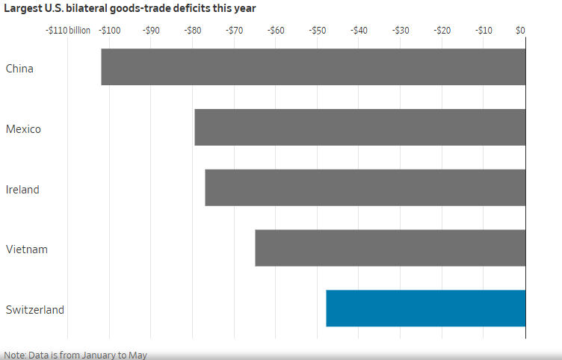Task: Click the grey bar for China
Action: [x=313, y=67]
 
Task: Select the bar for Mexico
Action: [x=359, y=128]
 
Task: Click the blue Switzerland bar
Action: [x=425, y=308]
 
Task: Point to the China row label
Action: [x=19, y=69]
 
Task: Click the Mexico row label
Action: [x=23, y=129]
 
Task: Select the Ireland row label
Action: [x=22, y=190]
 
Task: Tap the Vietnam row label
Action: [x=27, y=249]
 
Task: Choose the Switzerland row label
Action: [x=35, y=310]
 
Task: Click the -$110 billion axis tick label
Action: [x=67, y=31]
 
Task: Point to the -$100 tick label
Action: [x=110, y=31]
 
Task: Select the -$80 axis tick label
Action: [x=193, y=31]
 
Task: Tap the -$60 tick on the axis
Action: [x=277, y=31]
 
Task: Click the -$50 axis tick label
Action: [x=318, y=31]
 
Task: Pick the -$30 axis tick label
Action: [x=401, y=31]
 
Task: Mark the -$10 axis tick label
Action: [x=484, y=31]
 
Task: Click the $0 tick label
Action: [x=521, y=31]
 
